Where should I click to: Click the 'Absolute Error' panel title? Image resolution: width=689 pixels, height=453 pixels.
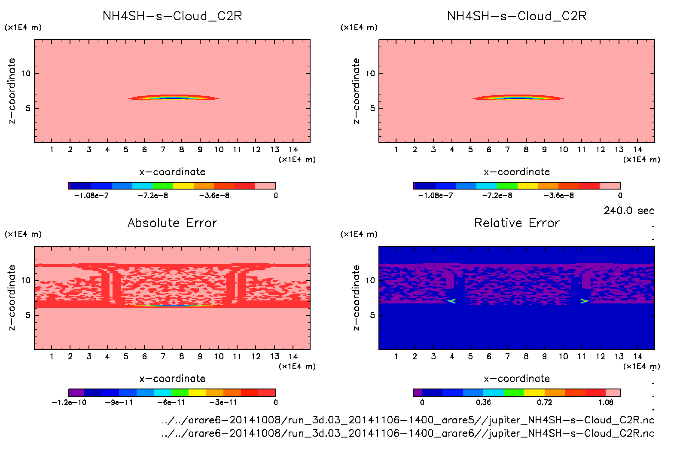coord(172,223)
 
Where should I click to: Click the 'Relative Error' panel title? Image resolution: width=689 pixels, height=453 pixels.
coord(517,223)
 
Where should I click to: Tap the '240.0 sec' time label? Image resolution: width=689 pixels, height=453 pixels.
coord(629,211)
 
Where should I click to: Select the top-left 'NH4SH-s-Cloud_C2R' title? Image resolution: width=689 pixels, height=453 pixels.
coord(172,16)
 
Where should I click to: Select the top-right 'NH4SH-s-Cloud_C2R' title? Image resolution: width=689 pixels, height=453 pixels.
coord(517,16)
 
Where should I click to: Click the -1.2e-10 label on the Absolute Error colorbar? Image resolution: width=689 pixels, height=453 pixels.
coord(69,402)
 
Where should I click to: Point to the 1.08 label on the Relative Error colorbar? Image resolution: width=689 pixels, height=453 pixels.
coord(606,402)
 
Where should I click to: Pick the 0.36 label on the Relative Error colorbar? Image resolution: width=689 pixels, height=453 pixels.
coord(483,402)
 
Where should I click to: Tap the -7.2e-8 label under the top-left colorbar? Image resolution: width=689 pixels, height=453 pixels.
coord(152,195)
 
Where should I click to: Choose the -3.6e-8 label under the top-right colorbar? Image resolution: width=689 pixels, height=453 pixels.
coord(558,195)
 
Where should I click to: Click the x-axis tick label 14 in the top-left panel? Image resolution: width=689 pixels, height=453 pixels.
coord(293,150)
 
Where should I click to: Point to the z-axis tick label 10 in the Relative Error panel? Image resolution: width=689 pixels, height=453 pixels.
coord(370,280)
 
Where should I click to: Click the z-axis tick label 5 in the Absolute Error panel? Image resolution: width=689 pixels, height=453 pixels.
coord(28,315)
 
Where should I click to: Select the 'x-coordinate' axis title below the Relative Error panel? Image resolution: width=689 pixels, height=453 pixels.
coord(517,379)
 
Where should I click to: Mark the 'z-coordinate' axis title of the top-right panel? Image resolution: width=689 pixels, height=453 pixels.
coord(356,91)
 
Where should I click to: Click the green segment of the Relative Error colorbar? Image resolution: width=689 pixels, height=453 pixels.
coord(514,392)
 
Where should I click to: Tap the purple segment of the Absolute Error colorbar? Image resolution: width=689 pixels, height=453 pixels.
coord(76,392)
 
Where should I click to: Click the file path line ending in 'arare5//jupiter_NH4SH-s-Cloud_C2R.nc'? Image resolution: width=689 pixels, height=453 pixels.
coord(408,420)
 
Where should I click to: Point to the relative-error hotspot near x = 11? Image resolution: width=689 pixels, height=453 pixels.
coord(584,301)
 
